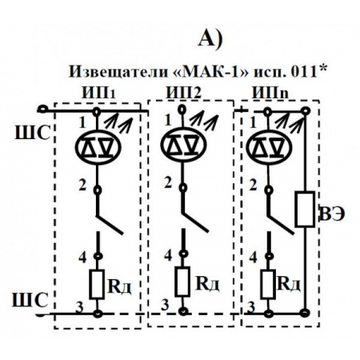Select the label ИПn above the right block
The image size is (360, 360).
pos(270,94)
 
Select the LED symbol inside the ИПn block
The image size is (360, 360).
pos(269,147)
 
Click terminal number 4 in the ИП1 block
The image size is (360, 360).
pos(83,257)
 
